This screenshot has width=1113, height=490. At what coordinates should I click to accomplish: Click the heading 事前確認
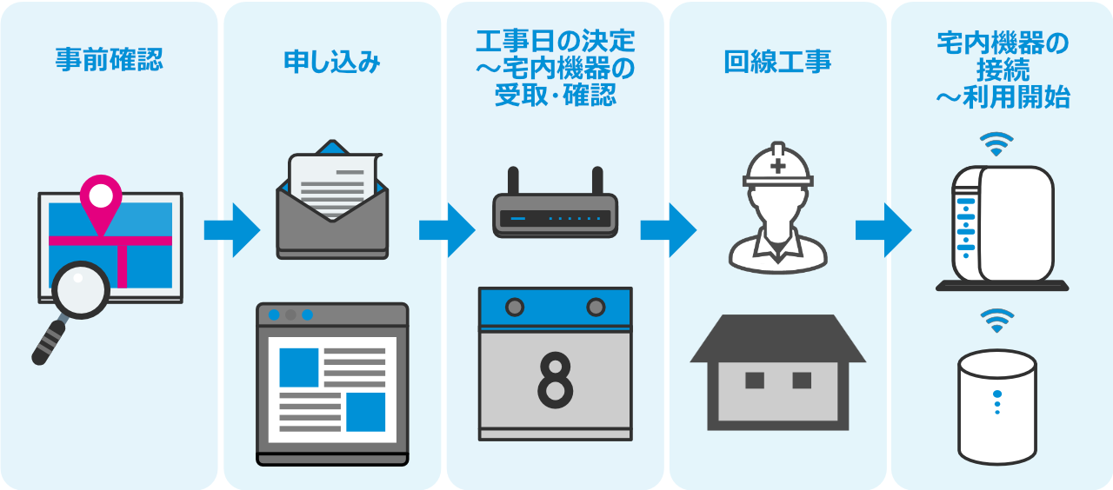click(109, 61)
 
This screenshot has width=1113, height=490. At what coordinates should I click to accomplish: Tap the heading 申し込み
click(332, 62)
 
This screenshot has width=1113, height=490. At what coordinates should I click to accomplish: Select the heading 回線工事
click(777, 62)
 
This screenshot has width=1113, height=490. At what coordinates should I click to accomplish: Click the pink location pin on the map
click(101, 196)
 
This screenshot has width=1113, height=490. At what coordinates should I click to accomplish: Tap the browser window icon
click(332, 383)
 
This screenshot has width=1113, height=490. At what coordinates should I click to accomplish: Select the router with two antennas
click(555, 212)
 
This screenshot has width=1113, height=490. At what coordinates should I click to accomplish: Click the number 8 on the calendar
click(555, 380)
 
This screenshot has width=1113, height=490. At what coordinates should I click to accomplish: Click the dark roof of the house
click(777, 340)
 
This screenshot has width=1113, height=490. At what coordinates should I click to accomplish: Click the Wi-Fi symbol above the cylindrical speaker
click(996, 321)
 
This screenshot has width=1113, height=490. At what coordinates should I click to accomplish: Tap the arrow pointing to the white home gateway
click(883, 229)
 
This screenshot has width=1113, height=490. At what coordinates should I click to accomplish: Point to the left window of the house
click(754, 380)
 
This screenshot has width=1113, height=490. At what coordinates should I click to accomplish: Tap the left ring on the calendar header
click(515, 307)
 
